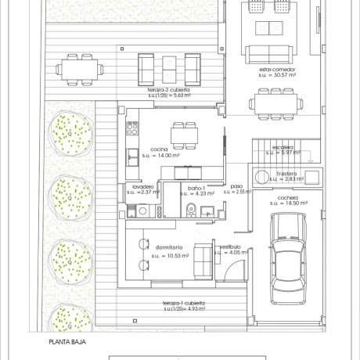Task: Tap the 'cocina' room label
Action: pyautogui.click(x=160, y=149)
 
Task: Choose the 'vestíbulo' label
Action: pyautogui.click(x=229, y=246)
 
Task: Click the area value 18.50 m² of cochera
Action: pyautogui.click(x=287, y=203)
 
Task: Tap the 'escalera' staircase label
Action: pyautogui.click(x=283, y=146)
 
